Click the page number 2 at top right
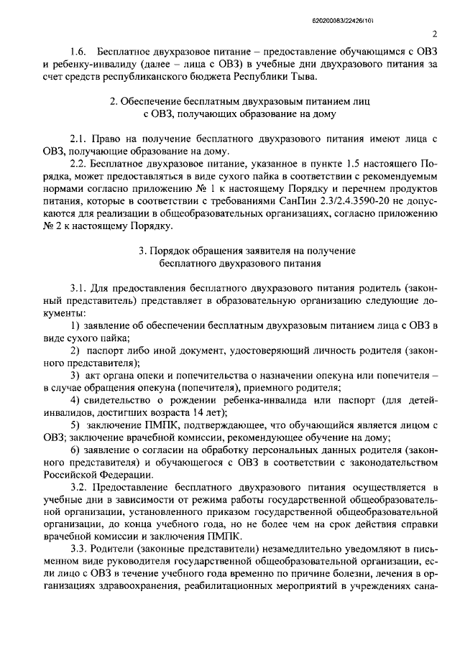click(436, 34)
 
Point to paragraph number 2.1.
click(79, 137)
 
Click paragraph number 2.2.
click(79, 163)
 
